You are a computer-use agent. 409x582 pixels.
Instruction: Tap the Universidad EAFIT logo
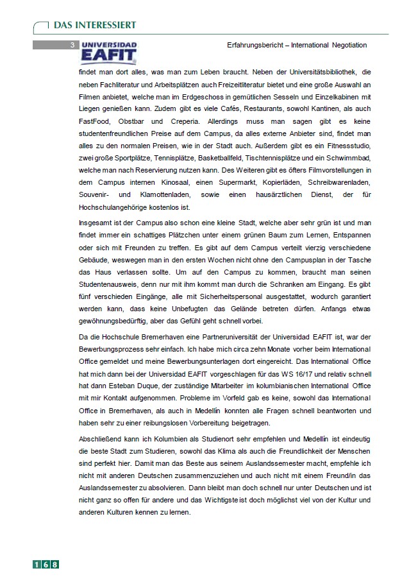[108, 52]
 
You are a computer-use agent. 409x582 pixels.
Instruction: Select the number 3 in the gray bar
[72, 45]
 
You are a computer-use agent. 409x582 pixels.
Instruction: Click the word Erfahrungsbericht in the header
[257, 46]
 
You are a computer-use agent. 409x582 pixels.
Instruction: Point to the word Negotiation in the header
[349, 46]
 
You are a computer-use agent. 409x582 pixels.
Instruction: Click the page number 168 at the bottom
[46, 564]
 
